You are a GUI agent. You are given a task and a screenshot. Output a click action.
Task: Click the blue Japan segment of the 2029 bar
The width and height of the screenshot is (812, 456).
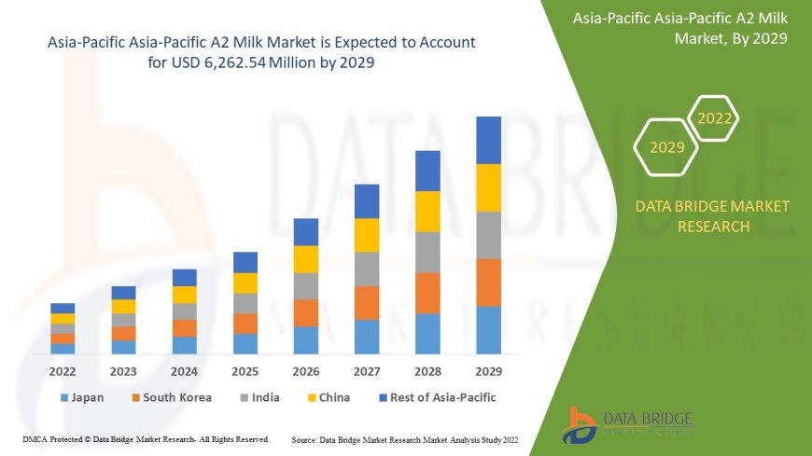tap(488, 330)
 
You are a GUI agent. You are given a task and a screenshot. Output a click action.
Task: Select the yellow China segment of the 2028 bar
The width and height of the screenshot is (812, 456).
tap(427, 211)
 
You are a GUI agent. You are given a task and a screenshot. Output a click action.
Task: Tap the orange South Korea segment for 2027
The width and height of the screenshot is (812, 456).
tap(367, 302)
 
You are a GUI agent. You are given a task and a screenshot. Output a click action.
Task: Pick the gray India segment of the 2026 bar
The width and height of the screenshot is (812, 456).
tap(306, 285)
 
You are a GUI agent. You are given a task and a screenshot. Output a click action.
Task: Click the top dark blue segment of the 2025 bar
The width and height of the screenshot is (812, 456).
tap(245, 262)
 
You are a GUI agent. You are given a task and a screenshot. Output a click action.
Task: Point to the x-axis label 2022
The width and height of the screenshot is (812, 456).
tap(63, 370)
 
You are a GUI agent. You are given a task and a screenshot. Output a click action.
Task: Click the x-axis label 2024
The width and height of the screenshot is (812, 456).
tap(184, 370)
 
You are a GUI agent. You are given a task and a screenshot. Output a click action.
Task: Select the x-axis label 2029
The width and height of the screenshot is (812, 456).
tap(488, 370)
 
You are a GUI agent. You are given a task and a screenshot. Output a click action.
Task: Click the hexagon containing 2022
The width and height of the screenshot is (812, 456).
tap(715, 118)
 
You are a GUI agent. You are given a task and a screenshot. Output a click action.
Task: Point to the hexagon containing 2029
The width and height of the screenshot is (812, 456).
tap(666, 147)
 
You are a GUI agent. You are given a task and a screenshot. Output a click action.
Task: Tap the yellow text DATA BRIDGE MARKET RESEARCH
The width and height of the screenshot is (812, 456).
tap(712, 216)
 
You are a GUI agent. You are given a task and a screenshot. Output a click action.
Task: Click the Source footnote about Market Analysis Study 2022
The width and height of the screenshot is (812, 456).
tap(405, 438)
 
